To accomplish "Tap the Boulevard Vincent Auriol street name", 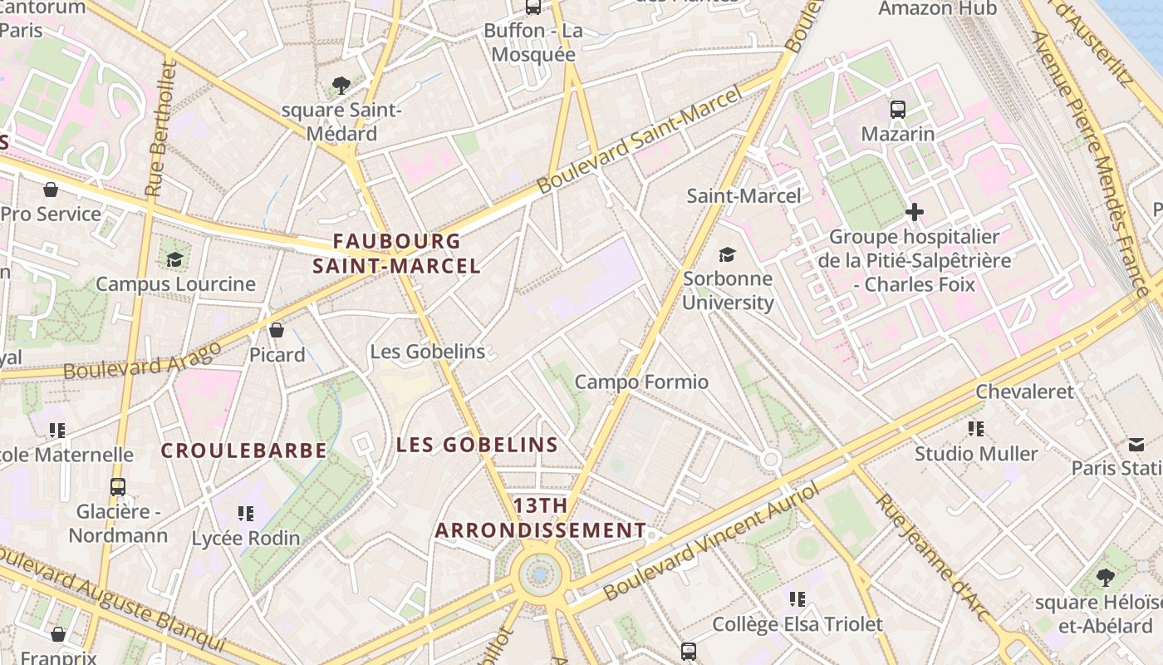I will (x=711, y=541).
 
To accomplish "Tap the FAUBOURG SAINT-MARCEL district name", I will (x=396, y=254).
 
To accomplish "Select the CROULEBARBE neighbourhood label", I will (x=243, y=451).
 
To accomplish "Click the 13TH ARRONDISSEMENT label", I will (x=540, y=518).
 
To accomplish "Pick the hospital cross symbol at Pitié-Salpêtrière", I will (x=915, y=212).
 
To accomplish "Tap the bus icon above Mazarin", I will (x=897, y=109).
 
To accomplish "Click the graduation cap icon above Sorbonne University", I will (x=728, y=254).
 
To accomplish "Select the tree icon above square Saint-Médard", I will (x=341, y=85).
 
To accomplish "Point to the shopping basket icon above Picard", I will (x=277, y=330).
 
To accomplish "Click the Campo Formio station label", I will (x=641, y=382).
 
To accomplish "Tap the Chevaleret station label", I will (x=1024, y=392).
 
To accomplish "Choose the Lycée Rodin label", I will (x=246, y=538).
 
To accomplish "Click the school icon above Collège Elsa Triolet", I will (x=797, y=598).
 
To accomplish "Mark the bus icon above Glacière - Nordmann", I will (x=118, y=486).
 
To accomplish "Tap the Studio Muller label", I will (x=976, y=454).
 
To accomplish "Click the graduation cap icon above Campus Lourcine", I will (x=174, y=259).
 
